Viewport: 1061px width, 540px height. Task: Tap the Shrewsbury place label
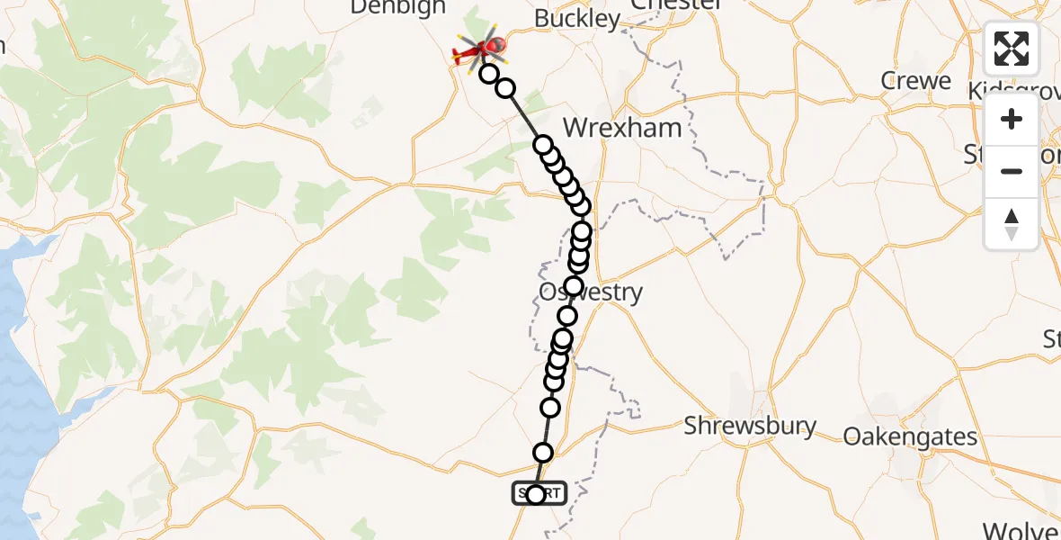click(750, 426)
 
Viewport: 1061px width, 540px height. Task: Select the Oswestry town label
click(591, 292)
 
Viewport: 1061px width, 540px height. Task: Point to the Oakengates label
click(910, 436)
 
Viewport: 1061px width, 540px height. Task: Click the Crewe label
click(916, 81)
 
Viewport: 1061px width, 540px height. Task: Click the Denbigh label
click(397, 7)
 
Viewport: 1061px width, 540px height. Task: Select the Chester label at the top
click(676, 4)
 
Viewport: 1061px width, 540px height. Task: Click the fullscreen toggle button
click(1012, 49)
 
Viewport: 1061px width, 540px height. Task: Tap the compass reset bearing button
click(1012, 223)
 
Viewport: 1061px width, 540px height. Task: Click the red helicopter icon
click(480, 50)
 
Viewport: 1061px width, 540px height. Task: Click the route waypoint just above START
click(543, 453)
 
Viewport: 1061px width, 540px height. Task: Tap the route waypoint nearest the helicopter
click(489, 74)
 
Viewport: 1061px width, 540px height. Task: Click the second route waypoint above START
click(550, 408)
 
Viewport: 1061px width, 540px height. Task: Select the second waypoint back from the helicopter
click(505, 88)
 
